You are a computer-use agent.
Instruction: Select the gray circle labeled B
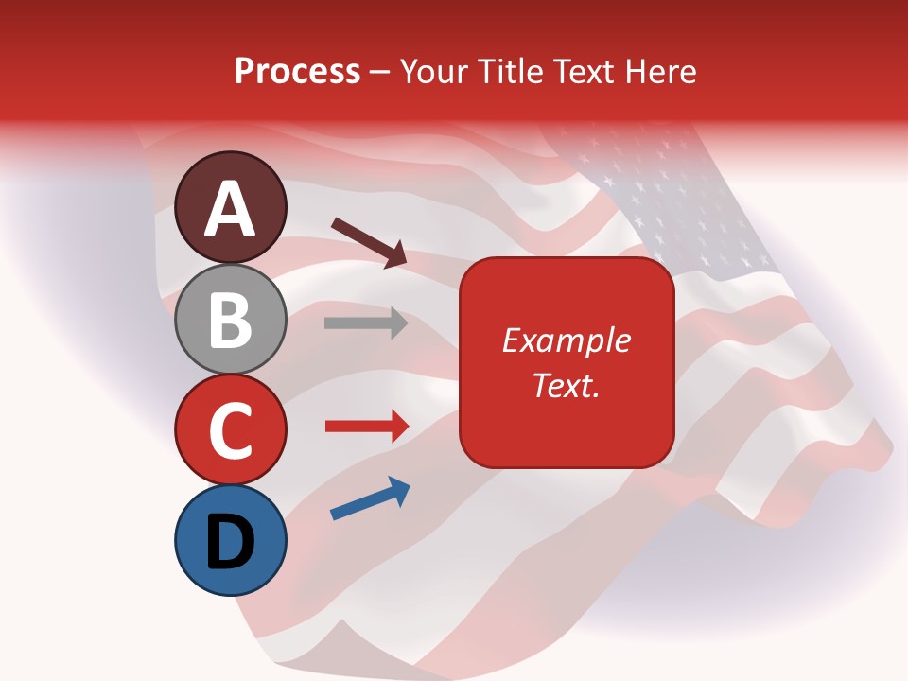pyautogui.click(x=230, y=319)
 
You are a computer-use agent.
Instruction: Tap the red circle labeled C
pyautogui.click(x=230, y=429)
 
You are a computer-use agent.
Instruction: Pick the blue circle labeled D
pyautogui.click(x=230, y=540)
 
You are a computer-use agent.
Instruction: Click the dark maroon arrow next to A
pyautogui.click(x=369, y=242)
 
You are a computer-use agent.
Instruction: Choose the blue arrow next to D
pyautogui.click(x=370, y=498)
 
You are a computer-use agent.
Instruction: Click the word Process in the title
pyautogui.click(x=297, y=71)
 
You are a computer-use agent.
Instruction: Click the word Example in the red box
pyautogui.click(x=566, y=340)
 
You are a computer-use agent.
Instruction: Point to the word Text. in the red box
pyautogui.click(x=566, y=385)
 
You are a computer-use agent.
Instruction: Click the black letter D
pyautogui.click(x=230, y=542)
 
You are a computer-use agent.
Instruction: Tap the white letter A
pyautogui.click(x=230, y=208)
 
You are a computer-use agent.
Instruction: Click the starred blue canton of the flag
pyautogui.click(x=681, y=203)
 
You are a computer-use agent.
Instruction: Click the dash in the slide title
pyautogui.click(x=380, y=73)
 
